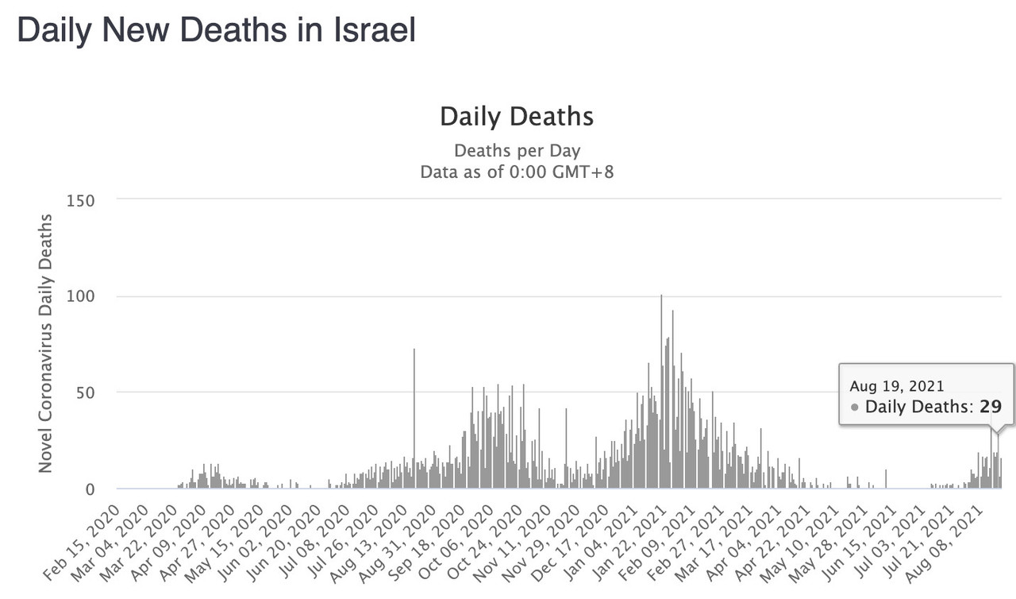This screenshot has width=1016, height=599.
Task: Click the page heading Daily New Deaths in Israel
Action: click(x=216, y=31)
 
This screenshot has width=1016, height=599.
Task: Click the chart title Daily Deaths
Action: click(x=517, y=117)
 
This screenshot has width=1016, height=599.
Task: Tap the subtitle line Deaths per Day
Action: click(x=517, y=151)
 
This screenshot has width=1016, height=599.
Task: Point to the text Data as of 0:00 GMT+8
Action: click(x=517, y=172)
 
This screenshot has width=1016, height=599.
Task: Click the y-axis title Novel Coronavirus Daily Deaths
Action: click(x=47, y=342)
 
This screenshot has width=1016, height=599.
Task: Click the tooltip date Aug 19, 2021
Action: click(x=896, y=386)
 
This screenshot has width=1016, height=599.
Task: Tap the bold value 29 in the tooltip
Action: click(x=991, y=407)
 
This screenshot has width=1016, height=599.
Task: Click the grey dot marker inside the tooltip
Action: click(x=855, y=408)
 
